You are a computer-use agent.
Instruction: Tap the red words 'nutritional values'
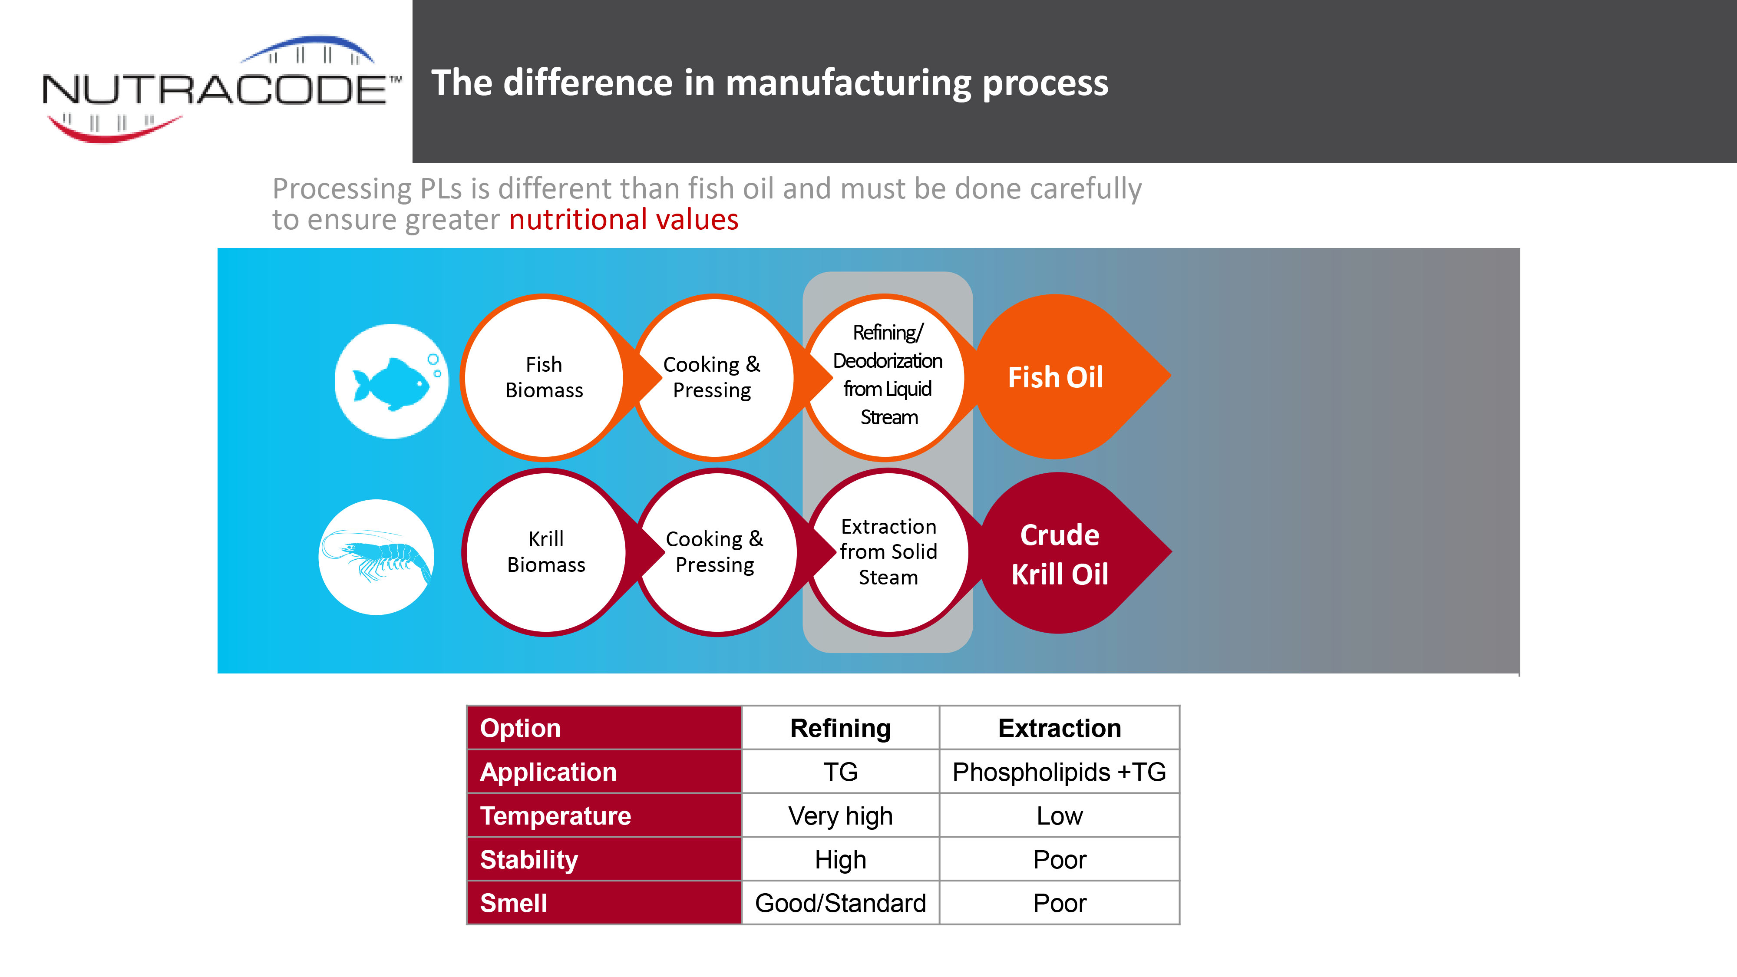click(624, 220)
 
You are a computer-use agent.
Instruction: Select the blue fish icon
click(391, 382)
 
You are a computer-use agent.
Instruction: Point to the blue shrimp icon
click(376, 557)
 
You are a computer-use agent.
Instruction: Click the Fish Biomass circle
click(544, 378)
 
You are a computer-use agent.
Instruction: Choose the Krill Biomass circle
click(546, 551)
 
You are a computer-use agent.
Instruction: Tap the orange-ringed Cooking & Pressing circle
click(713, 378)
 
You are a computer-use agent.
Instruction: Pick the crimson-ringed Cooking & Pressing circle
click(716, 551)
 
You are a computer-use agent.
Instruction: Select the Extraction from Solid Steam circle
click(889, 551)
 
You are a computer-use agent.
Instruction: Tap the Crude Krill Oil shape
click(1072, 553)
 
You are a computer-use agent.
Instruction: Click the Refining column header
click(840, 728)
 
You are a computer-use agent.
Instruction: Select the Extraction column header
click(1059, 728)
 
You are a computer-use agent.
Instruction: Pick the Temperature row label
click(604, 816)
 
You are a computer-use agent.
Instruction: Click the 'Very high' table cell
click(840, 816)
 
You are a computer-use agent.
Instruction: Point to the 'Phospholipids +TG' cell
click(1059, 772)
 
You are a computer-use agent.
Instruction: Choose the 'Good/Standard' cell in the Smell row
click(840, 903)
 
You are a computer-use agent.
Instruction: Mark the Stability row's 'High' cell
click(840, 860)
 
